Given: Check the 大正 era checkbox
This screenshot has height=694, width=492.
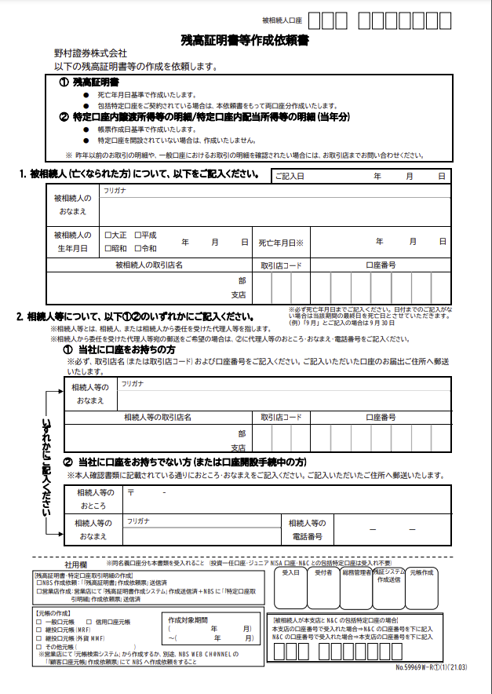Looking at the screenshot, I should pyautogui.click(x=108, y=235).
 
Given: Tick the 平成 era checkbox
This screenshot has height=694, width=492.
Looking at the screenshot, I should pyautogui.click(x=138, y=235).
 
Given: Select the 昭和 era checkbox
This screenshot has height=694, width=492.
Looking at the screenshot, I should pyautogui.click(x=108, y=248).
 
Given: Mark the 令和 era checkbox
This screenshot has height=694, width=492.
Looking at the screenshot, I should pyautogui.click(x=138, y=248).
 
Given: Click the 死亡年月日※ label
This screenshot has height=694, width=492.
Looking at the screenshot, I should pyautogui.click(x=281, y=243).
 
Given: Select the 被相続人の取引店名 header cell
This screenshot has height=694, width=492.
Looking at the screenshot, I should pyautogui.click(x=149, y=265).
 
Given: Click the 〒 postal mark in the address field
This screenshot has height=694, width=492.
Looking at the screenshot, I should pyautogui.click(x=131, y=492).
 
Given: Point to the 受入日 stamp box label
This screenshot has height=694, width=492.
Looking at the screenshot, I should pyautogui.click(x=291, y=573).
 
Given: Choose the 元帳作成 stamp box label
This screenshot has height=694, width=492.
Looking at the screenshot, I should pyautogui.click(x=421, y=573).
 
